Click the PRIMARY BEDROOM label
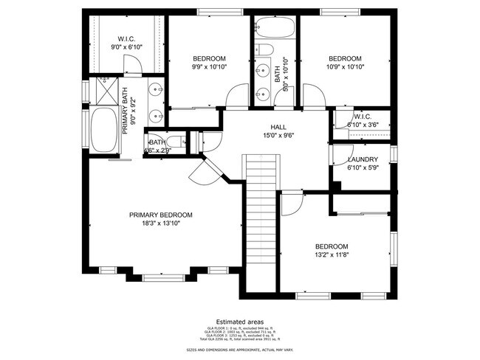point(160,215)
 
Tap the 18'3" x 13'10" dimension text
point(160,224)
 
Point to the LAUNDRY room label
point(363,159)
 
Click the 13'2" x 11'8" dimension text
point(331,255)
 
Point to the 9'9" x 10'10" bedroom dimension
point(209,67)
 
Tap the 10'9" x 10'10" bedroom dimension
point(345,67)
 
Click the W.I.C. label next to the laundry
point(362,116)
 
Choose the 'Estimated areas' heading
point(239,322)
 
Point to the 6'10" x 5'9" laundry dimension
point(363,167)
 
